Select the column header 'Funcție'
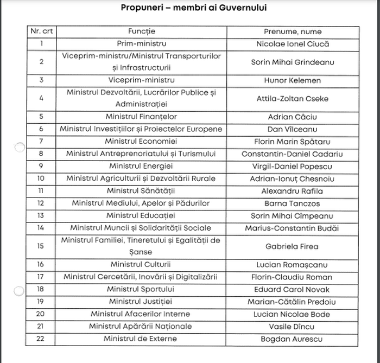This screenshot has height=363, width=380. tap(141, 31)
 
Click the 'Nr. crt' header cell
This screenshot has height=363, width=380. tap(41, 31)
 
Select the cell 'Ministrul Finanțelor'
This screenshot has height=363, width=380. tap(141, 117)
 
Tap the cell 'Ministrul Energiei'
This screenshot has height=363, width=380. tap(141, 166)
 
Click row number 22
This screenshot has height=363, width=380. tap(41, 339)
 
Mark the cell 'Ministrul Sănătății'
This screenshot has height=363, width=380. tap(141, 191)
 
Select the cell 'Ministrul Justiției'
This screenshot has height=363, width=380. tap(141, 302)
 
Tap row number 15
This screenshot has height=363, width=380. tap(41, 246)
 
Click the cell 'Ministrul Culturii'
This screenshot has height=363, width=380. tap(141, 265)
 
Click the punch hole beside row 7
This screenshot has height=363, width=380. tap(19, 147)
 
